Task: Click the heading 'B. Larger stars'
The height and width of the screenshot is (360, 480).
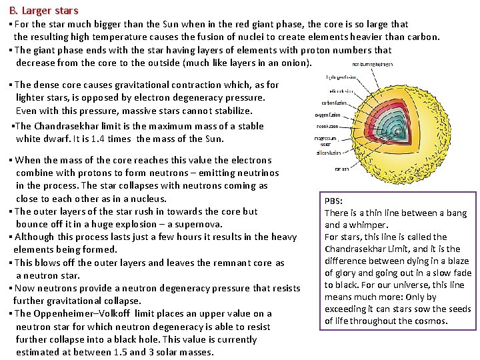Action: pos(45,10)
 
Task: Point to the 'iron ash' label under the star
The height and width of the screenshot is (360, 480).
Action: pos(341,169)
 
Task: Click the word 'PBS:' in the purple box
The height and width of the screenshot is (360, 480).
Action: pos(334,201)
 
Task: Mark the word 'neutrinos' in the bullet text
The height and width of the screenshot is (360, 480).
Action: pos(257,173)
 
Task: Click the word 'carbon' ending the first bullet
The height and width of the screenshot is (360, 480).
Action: pos(425,37)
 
